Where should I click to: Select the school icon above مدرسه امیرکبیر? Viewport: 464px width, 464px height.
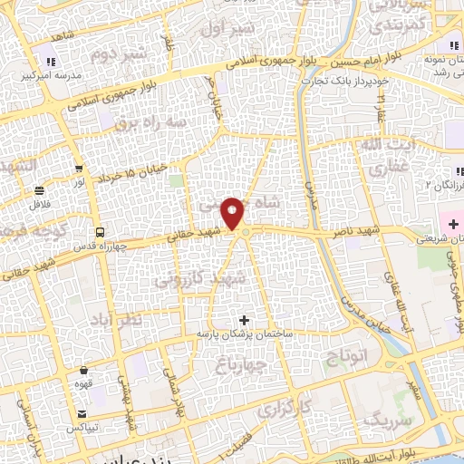[51, 62]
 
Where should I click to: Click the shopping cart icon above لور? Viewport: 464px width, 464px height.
[80, 169]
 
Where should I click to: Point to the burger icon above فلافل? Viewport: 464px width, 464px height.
[40, 191]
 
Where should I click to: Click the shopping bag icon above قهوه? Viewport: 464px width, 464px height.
[84, 370]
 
